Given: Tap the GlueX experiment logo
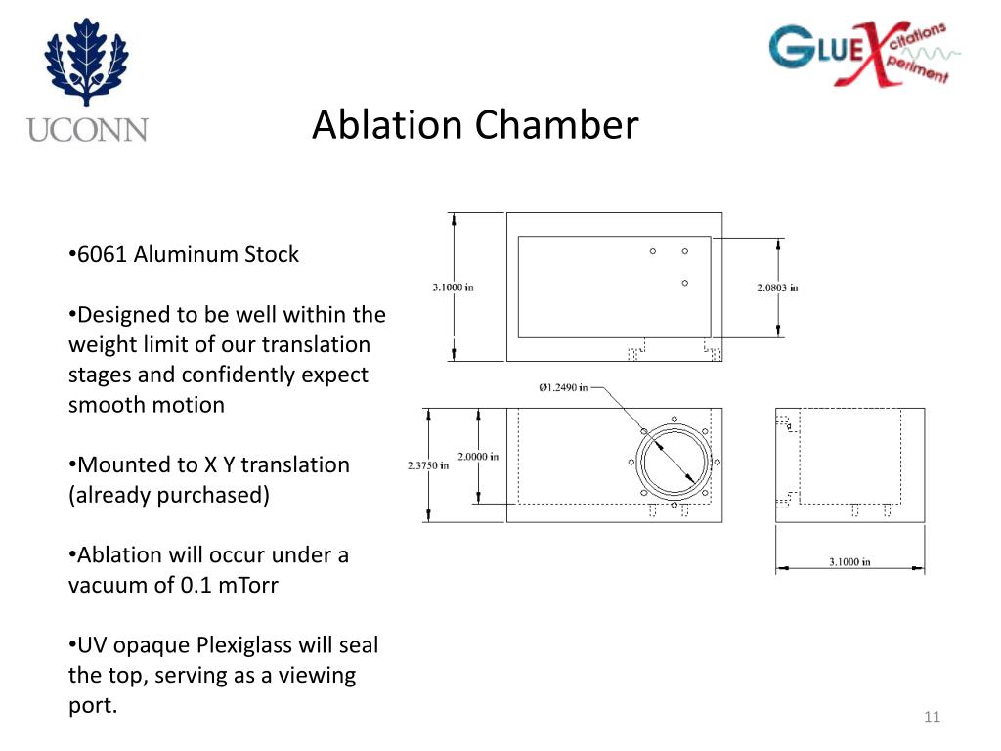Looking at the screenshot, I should (858, 55).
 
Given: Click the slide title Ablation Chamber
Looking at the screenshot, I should (475, 125).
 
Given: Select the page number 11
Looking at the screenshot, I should (931, 719).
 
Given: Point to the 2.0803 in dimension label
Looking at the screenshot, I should (777, 287).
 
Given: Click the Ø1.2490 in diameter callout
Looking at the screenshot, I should (563, 387).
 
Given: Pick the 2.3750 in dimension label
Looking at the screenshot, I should (427, 465).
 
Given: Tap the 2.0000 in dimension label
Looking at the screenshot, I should (478, 457).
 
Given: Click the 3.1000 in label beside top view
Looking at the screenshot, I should (453, 287).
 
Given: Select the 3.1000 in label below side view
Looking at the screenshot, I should (849, 562).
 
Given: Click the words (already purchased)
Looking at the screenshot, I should (168, 495).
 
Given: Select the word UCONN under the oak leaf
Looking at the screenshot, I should (87, 129).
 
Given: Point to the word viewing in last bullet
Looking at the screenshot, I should (320, 675).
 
